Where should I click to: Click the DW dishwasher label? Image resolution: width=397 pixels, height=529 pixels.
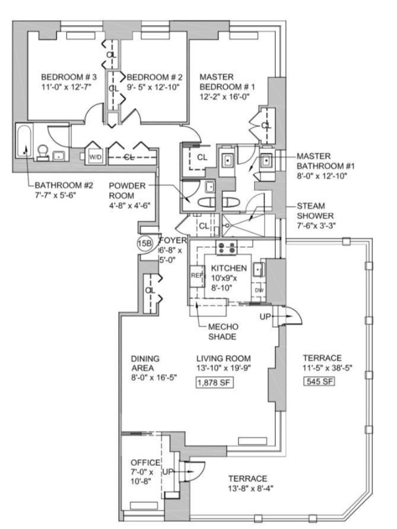(259, 290)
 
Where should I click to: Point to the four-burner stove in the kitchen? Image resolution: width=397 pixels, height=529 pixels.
(226, 247)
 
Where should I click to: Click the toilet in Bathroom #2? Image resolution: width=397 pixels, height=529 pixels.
(43, 152)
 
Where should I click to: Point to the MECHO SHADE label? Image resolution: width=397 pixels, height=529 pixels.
(223, 332)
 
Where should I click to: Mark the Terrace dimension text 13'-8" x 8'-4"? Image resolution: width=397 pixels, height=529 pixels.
(248, 489)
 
